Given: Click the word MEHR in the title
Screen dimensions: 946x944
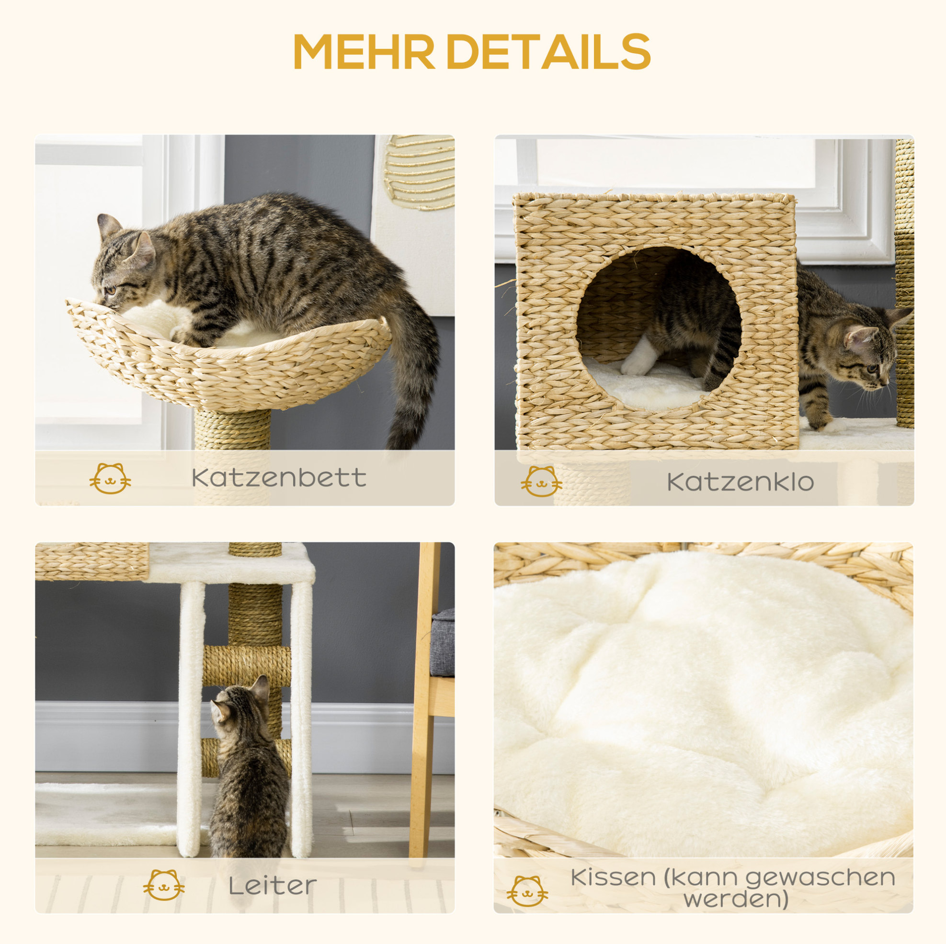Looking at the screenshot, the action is (365, 52).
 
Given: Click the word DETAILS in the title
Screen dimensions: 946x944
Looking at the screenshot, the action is (548, 52).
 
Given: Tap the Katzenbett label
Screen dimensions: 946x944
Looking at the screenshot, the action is (279, 478).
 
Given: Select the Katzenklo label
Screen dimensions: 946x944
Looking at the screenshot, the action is (741, 482).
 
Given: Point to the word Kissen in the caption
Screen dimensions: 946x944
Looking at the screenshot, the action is (613, 877).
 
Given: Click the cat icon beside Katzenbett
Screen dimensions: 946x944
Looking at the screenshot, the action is (110, 478).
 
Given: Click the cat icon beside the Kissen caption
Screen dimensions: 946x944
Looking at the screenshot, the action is (527, 891).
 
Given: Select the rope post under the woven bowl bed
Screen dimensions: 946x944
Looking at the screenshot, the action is (233, 431).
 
